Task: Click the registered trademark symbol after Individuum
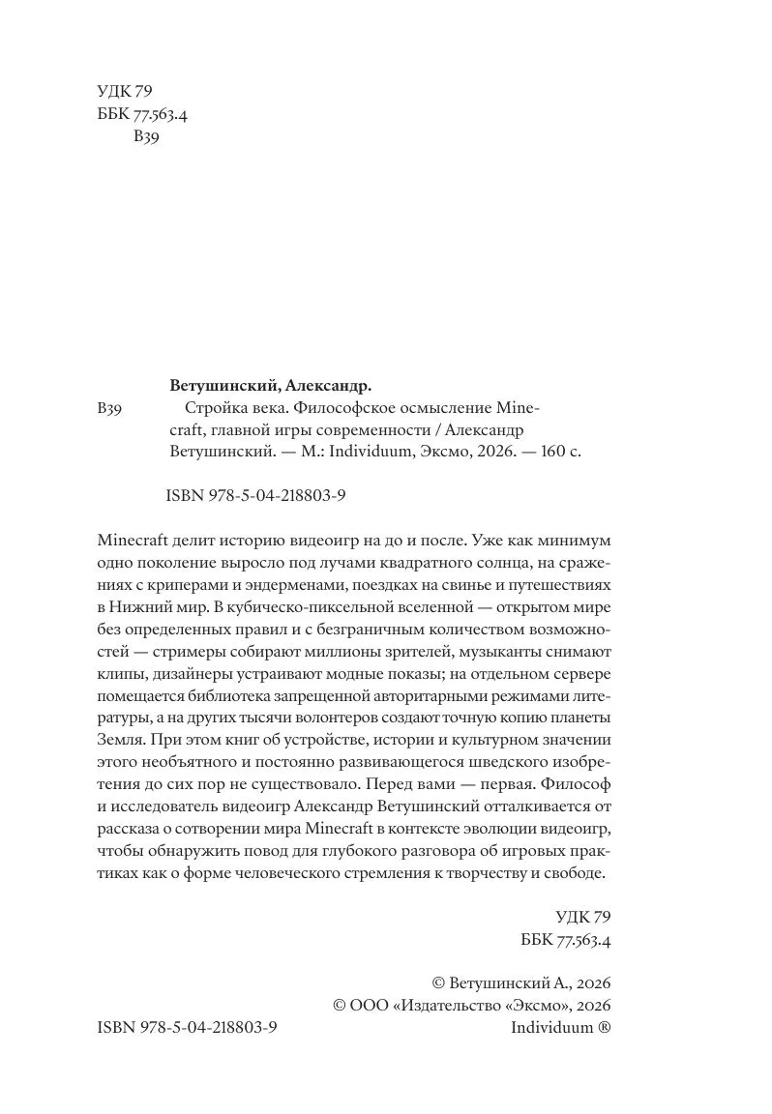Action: point(604,1029)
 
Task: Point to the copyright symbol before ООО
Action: point(340,1006)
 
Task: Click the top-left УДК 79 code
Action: point(126,93)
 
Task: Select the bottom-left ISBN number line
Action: point(188,1029)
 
